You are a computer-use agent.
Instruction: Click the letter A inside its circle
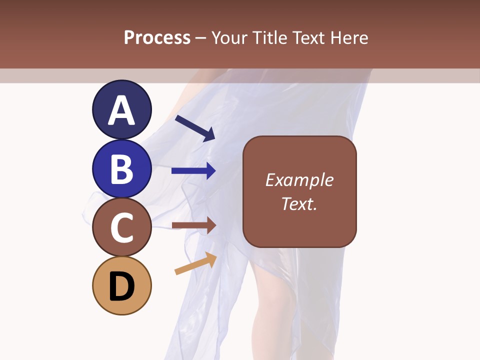(x=121, y=110)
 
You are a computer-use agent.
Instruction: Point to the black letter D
(x=121, y=287)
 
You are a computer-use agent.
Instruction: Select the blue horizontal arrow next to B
(x=193, y=171)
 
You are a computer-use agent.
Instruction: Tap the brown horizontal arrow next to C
(x=193, y=225)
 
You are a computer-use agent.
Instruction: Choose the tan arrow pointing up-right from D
(x=195, y=263)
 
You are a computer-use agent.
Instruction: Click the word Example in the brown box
(x=299, y=180)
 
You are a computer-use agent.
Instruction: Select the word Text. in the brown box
(x=299, y=204)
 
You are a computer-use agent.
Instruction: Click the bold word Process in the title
(x=157, y=37)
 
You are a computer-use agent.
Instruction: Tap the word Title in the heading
(x=270, y=37)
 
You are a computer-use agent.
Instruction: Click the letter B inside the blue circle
(x=121, y=169)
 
